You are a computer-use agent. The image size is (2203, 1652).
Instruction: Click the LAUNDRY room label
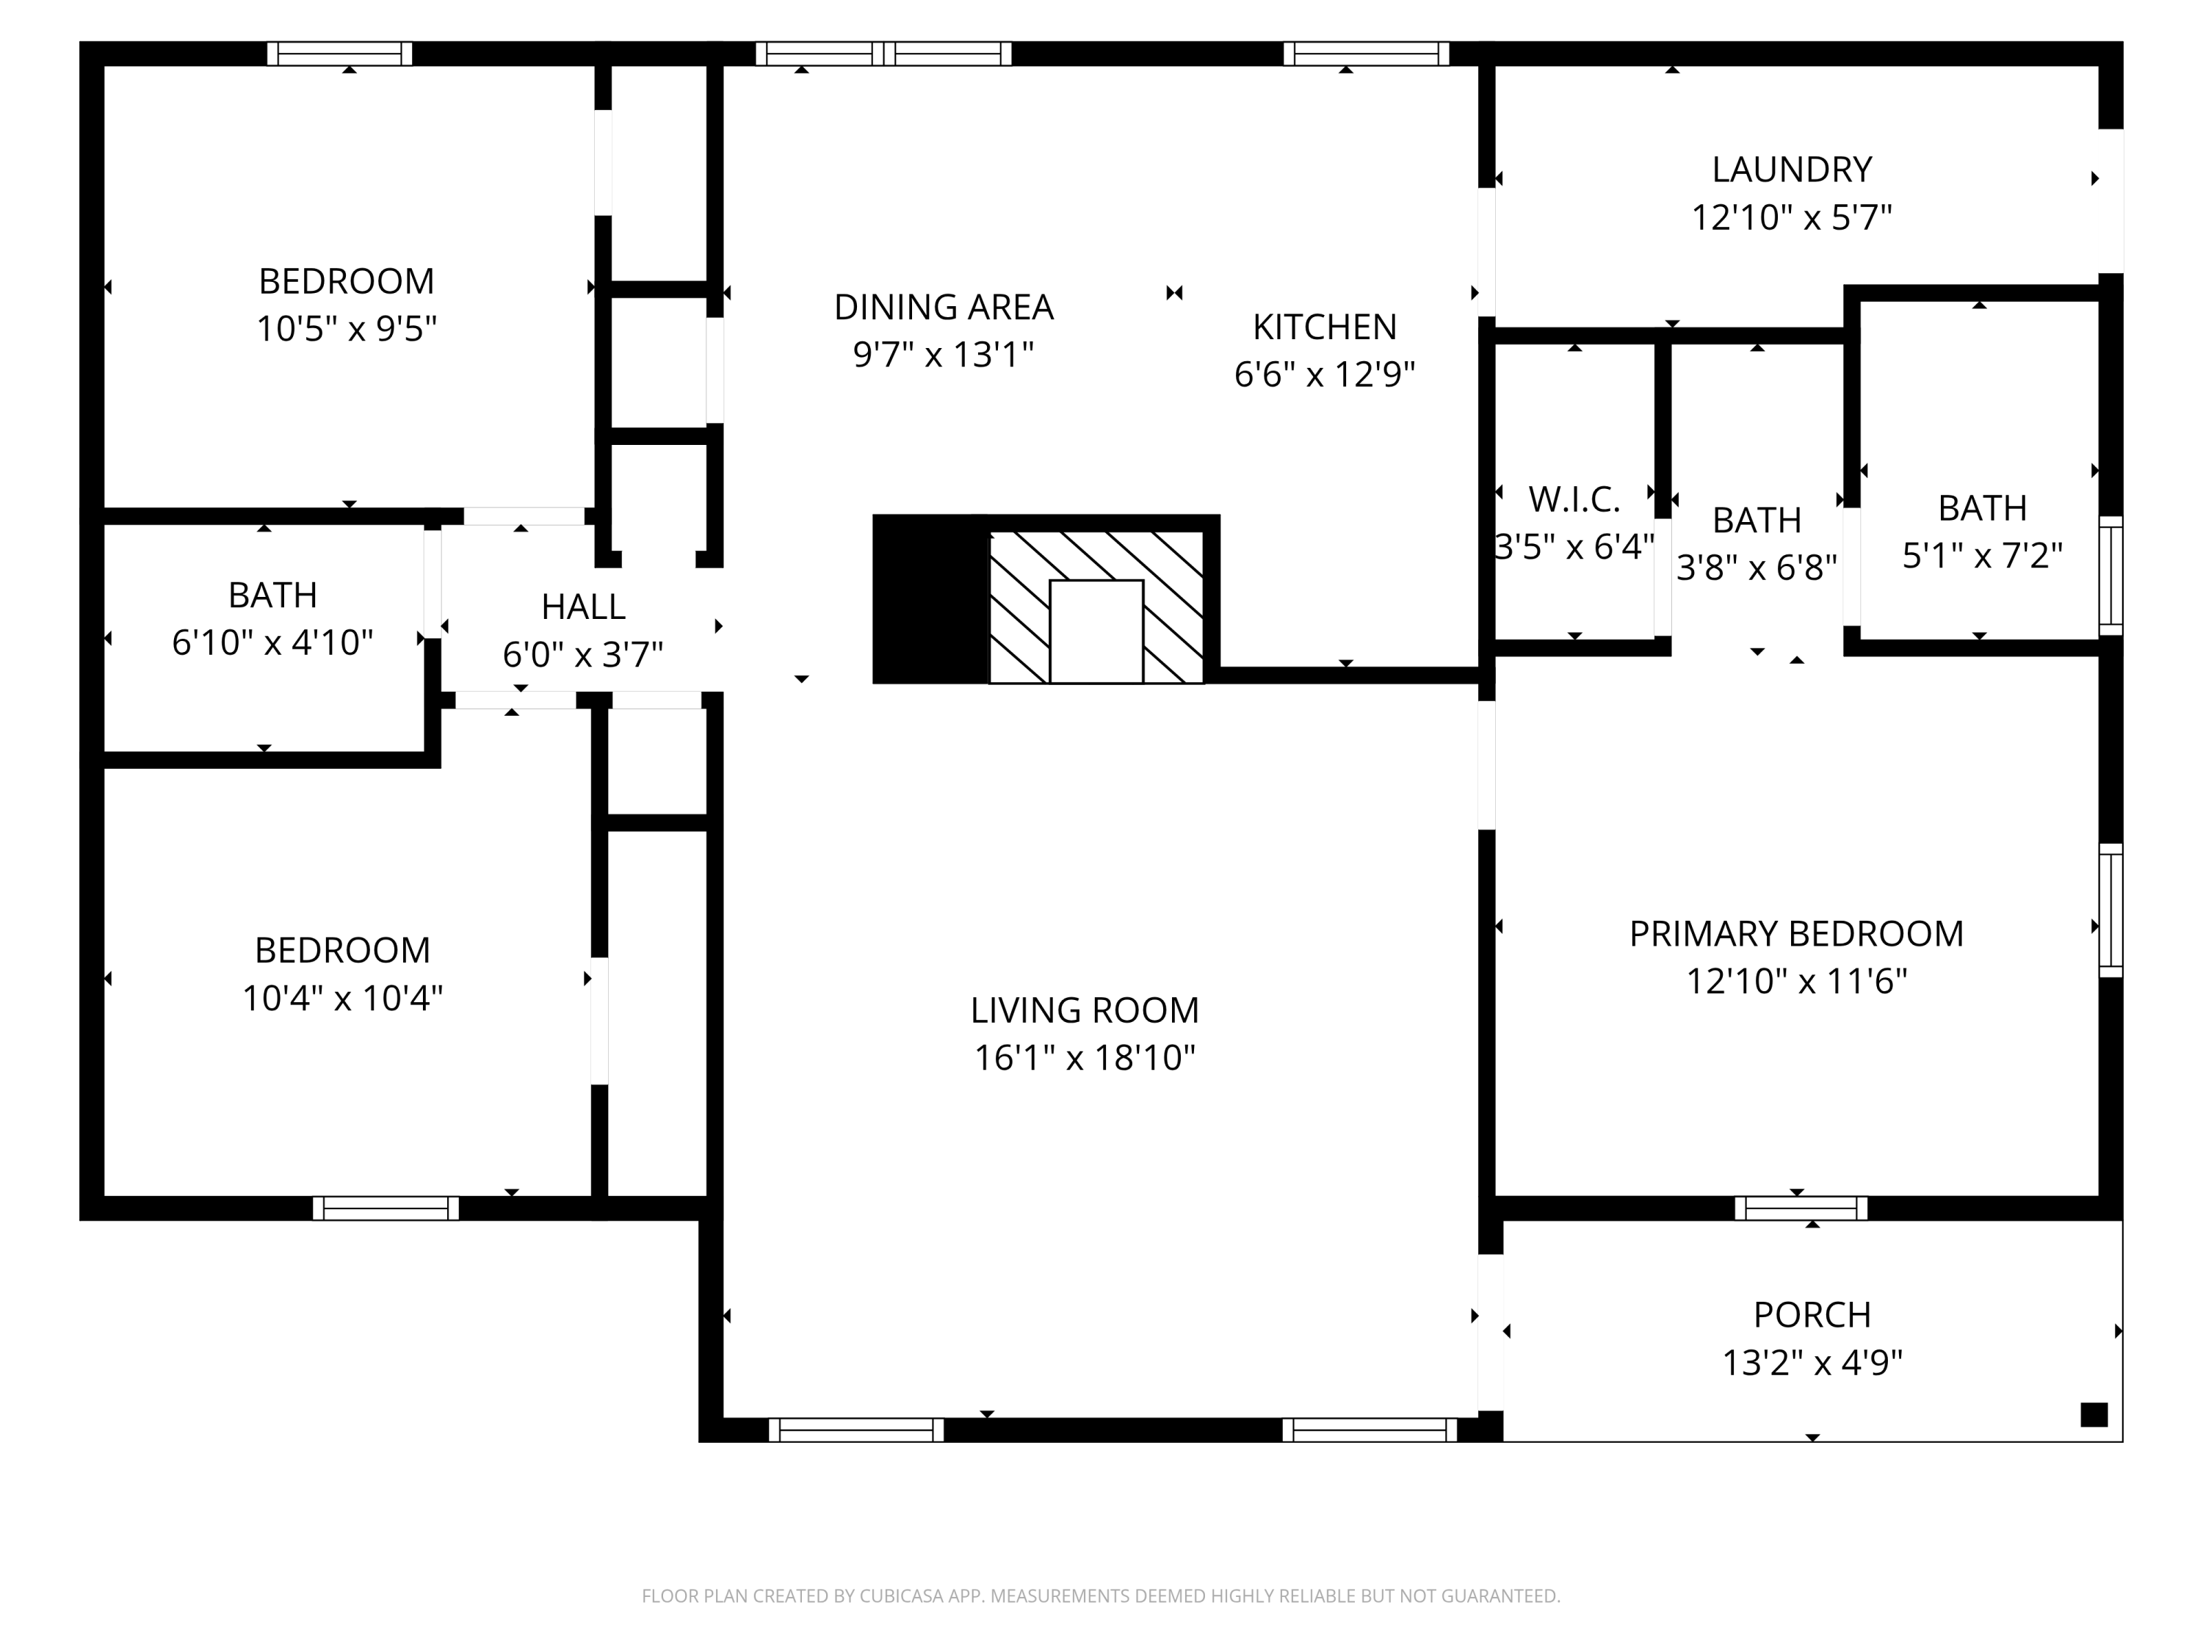pyautogui.click(x=1792, y=170)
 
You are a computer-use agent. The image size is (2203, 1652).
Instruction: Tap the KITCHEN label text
pyautogui.click(x=1325, y=327)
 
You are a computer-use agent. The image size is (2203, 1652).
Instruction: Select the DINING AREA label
pyautogui.click(x=943, y=307)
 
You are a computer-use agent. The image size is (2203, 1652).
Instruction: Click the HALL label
pyautogui.click(x=584, y=606)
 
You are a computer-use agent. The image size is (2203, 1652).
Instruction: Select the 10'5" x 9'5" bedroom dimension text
pyautogui.click(x=347, y=329)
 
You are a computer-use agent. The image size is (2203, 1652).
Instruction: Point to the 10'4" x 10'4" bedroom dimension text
pyautogui.click(x=343, y=998)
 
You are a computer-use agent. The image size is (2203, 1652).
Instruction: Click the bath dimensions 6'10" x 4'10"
pyautogui.click(x=273, y=642)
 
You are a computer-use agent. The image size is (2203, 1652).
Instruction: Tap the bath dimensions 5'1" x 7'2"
pyautogui.click(x=1982, y=556)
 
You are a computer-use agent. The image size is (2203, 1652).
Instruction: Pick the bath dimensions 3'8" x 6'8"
pyautogui.click(x=1757, y=568)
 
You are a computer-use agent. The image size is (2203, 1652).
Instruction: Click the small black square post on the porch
pyautogui.click(x=2094, y=1414)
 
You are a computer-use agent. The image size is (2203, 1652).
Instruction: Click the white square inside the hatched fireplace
pyautogui.click(x=1096, y=631)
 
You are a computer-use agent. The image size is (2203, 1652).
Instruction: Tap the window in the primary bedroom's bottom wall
pyautogui.click(x=1801, y=1208)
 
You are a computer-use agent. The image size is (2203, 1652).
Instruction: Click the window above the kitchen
pyautogui.click(x=1367, y=54)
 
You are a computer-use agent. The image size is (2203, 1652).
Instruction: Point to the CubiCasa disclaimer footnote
pyautogui.click(x=1101, y=1596)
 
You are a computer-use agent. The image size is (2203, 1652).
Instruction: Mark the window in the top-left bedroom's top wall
pyautogui.click(x=339, y=54)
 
